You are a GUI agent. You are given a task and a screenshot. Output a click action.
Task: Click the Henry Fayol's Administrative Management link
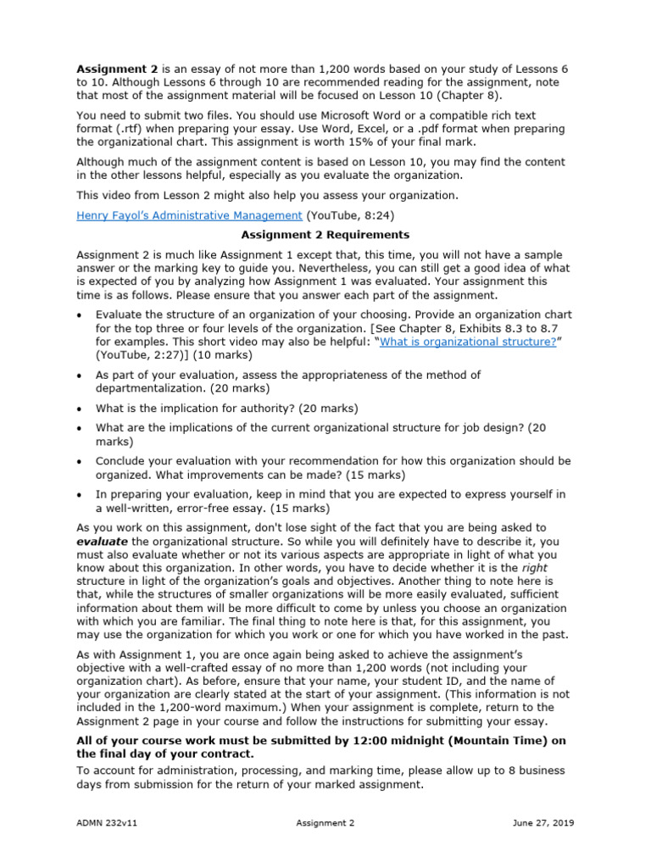189,216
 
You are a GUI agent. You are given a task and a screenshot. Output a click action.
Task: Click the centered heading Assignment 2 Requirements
325,235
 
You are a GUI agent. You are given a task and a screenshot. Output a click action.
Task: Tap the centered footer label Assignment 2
325,822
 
